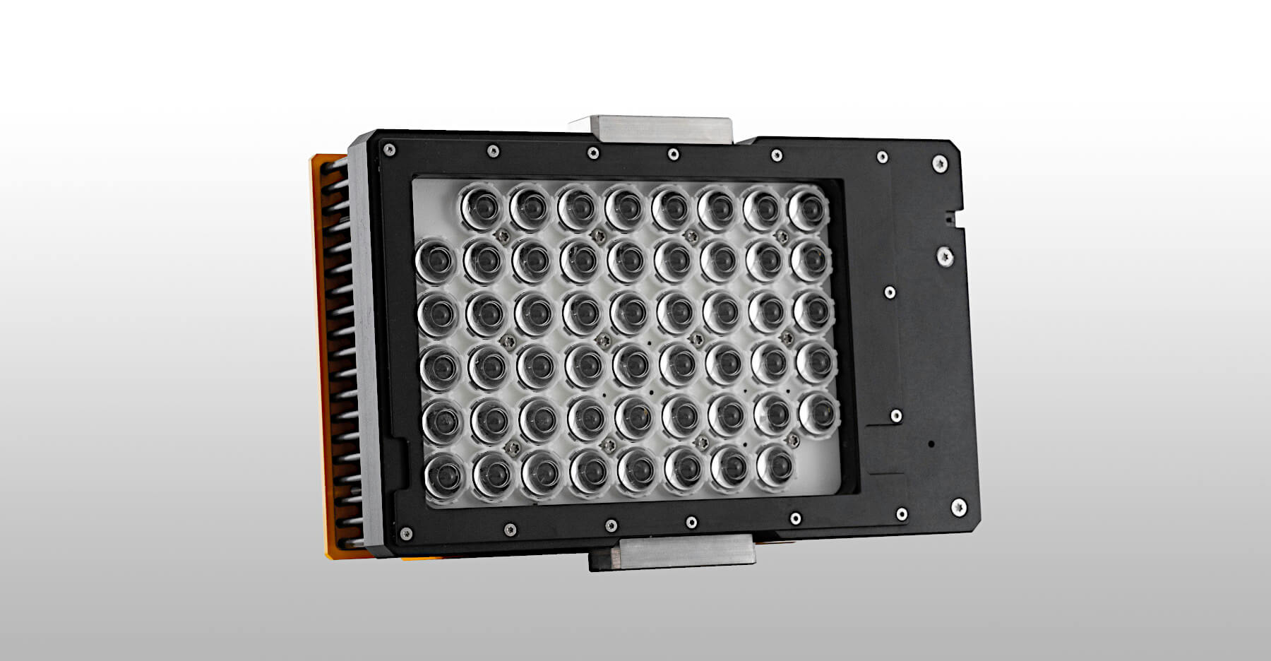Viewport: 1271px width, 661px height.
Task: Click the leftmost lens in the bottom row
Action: pyautogui.click(x=445, y=475)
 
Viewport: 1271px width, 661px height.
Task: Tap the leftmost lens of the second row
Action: pyautogui.click(x=435, y=261)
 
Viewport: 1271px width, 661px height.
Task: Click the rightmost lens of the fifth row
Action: pyautogui.click(x=820, y=412)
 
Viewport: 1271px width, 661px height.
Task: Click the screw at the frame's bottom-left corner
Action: pyautogui.click(x=405, y=534)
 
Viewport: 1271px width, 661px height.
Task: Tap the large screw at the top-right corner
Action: pyautogui.click(x=939, y=164)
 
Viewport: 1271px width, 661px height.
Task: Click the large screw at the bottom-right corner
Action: pyautogui.click(x=958, y=506)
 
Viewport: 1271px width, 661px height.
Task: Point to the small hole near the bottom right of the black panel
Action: pyautogui.click(x=931, y=443)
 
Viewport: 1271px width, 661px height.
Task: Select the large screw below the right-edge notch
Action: pyautogui.click(x=945, y=256)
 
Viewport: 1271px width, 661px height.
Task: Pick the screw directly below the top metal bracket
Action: pyautogui.click(x=674, y=154)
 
